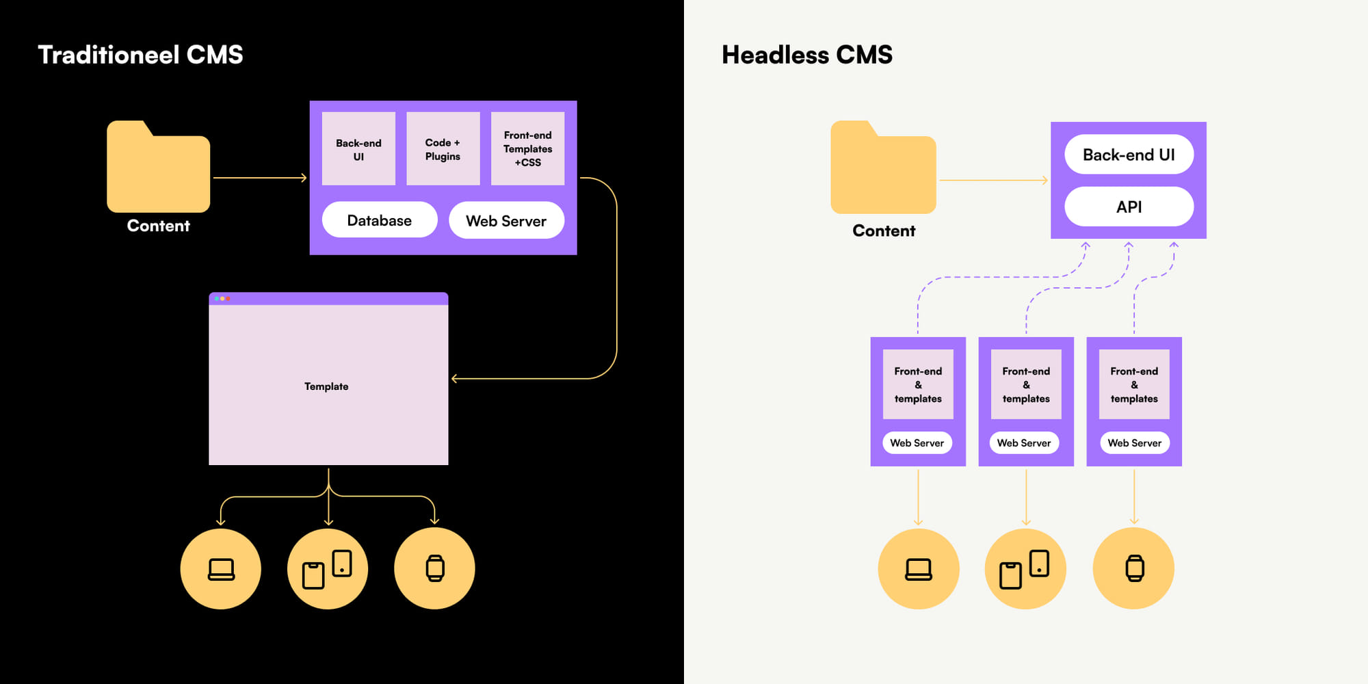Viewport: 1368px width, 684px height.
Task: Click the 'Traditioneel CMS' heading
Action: pos(140,55)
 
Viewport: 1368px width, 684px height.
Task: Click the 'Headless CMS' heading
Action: pos(807,55)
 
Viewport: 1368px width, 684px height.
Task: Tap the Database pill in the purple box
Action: pos(380,220)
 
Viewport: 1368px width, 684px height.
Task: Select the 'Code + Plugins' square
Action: pos(443,149)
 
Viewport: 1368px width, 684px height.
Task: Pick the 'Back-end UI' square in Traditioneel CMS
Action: pos(358,149)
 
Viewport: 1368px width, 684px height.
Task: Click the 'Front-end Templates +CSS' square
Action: pos(527,149)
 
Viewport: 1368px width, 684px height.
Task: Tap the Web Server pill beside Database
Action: pos(506,220)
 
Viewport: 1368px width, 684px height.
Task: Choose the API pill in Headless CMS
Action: pos(1129,207)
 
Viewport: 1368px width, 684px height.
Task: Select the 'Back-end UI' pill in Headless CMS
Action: pos(1129,155)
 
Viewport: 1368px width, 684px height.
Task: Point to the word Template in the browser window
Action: pos(326,386)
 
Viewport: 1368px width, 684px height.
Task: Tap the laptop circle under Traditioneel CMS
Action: pos(221,568)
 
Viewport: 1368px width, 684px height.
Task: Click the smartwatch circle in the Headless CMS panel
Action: pos(1133,568)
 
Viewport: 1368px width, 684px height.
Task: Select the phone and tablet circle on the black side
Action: pos(328,568)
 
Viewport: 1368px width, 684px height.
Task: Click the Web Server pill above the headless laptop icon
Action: pos(917,443)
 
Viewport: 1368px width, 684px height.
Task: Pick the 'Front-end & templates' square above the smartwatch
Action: pos(1134,384)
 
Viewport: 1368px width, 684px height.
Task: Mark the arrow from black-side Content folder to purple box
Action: pos(260,178)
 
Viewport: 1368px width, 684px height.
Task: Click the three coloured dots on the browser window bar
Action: pos(222,299)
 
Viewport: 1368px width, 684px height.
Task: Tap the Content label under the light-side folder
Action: pos(884,231)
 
